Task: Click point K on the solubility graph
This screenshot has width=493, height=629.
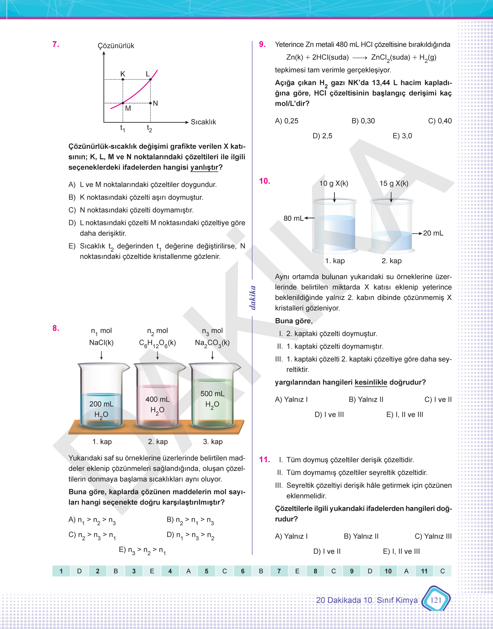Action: [x=123, y=79]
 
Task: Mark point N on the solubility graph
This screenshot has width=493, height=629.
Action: [x=150, y=103]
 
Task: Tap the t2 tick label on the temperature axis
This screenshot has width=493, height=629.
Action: [x=149, y=128]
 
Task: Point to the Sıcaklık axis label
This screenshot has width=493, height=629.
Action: [x=203, y=122]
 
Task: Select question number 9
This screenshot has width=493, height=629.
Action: [x=262, y=44]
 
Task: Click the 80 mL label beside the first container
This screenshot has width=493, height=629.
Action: [x=293, y=218]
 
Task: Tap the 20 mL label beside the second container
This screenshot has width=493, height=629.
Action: [x=433, y=233]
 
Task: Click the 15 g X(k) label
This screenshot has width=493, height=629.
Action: [x=394, y=183]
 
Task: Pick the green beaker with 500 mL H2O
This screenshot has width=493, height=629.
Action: [x=213, y=396]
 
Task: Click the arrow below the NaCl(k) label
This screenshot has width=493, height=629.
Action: [x=101, y=355]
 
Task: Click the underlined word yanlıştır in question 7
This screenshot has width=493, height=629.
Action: [x=204, y=168]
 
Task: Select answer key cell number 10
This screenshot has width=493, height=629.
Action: [x=388, y=571]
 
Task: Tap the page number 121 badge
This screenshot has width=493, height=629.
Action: [x=436, y=600]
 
